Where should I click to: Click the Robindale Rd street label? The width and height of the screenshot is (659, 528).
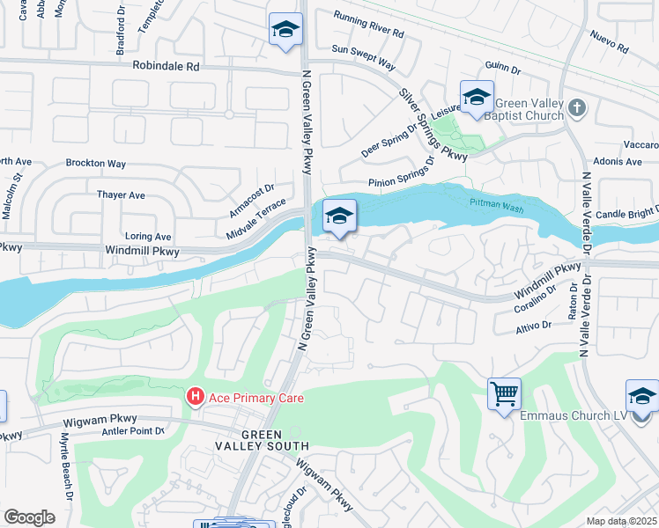point(167,66)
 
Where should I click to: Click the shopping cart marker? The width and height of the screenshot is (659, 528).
point(504,393)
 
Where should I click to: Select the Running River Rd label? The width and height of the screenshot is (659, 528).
point(367,25)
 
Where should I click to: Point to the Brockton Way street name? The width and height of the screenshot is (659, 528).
point(97,164)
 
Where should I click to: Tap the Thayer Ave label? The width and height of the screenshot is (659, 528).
point(121,194)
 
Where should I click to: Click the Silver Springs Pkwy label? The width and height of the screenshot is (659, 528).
point(432,124)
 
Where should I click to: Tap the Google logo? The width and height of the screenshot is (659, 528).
point(29,517)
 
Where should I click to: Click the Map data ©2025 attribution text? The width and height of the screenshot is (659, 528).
point(622,521)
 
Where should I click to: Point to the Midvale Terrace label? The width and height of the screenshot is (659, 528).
point(256,215)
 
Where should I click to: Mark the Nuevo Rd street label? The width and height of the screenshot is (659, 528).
point(609,40)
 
